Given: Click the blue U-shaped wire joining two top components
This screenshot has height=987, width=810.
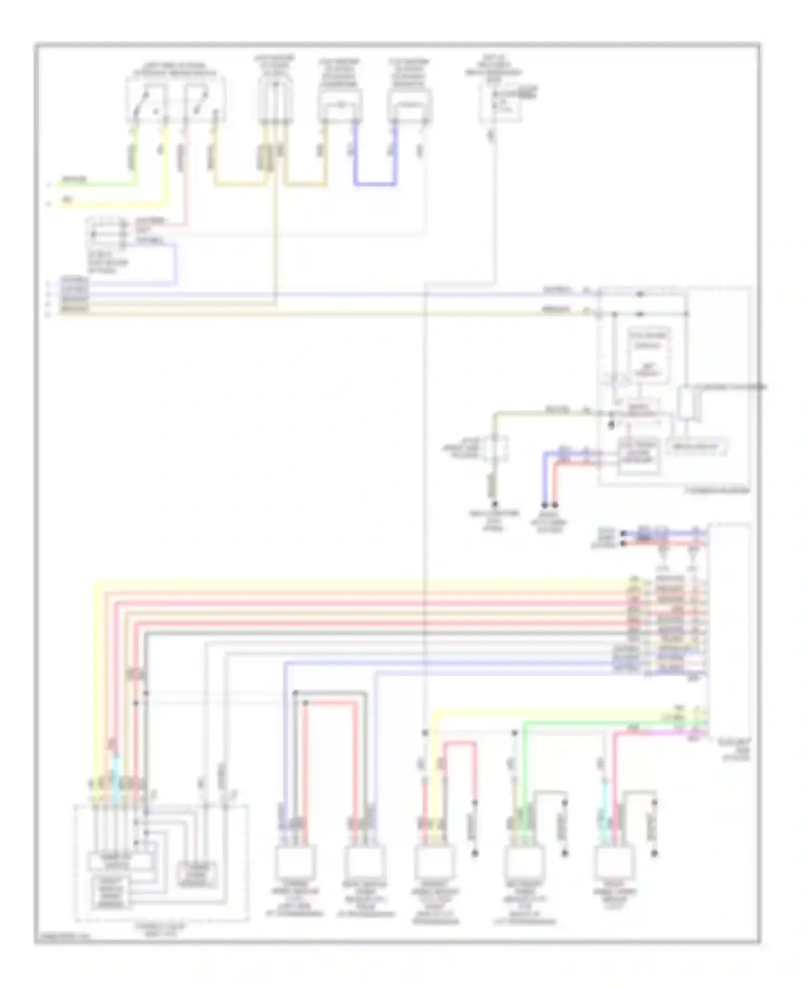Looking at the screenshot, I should tap(375, 185).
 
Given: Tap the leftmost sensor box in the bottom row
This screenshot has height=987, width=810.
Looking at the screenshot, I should tap(295, 862).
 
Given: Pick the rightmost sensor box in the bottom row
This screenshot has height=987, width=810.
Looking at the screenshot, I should tap(615, 862).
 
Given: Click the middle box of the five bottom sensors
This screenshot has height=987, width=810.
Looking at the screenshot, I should tap(434, 862).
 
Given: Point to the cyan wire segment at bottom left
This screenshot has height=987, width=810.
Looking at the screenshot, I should tap(115, 769).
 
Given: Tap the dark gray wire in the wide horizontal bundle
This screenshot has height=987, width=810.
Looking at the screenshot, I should tap(378, 632).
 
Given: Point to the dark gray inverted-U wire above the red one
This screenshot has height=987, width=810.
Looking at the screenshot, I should tap(330, 693).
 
